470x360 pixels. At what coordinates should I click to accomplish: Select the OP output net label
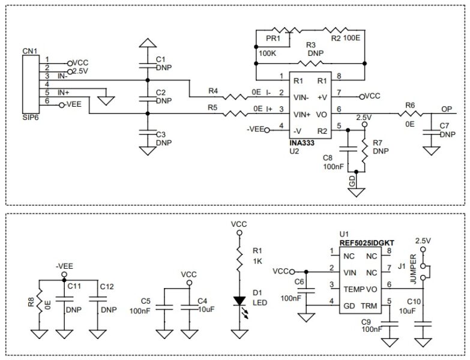point(447,109)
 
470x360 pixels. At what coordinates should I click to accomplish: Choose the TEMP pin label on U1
point(352,289)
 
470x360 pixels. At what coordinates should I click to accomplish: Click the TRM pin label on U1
point(369,305)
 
